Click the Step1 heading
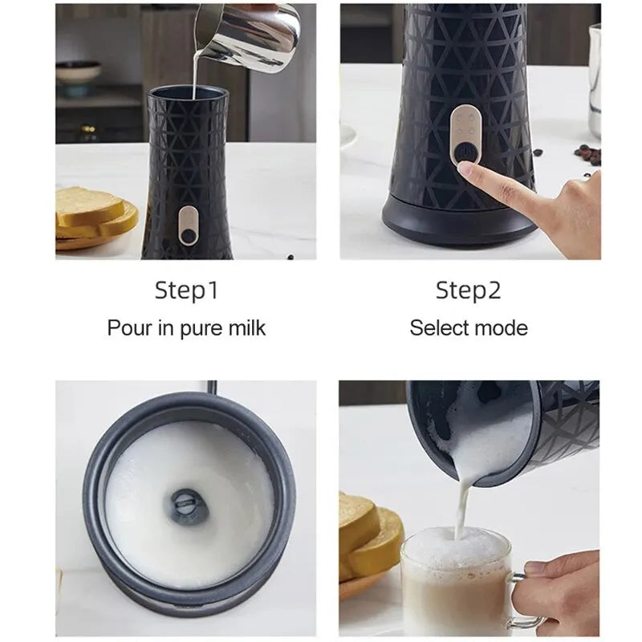point(186,290)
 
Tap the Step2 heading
point(468,290)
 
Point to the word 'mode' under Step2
point(502,327)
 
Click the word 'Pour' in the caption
point(128,327)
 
